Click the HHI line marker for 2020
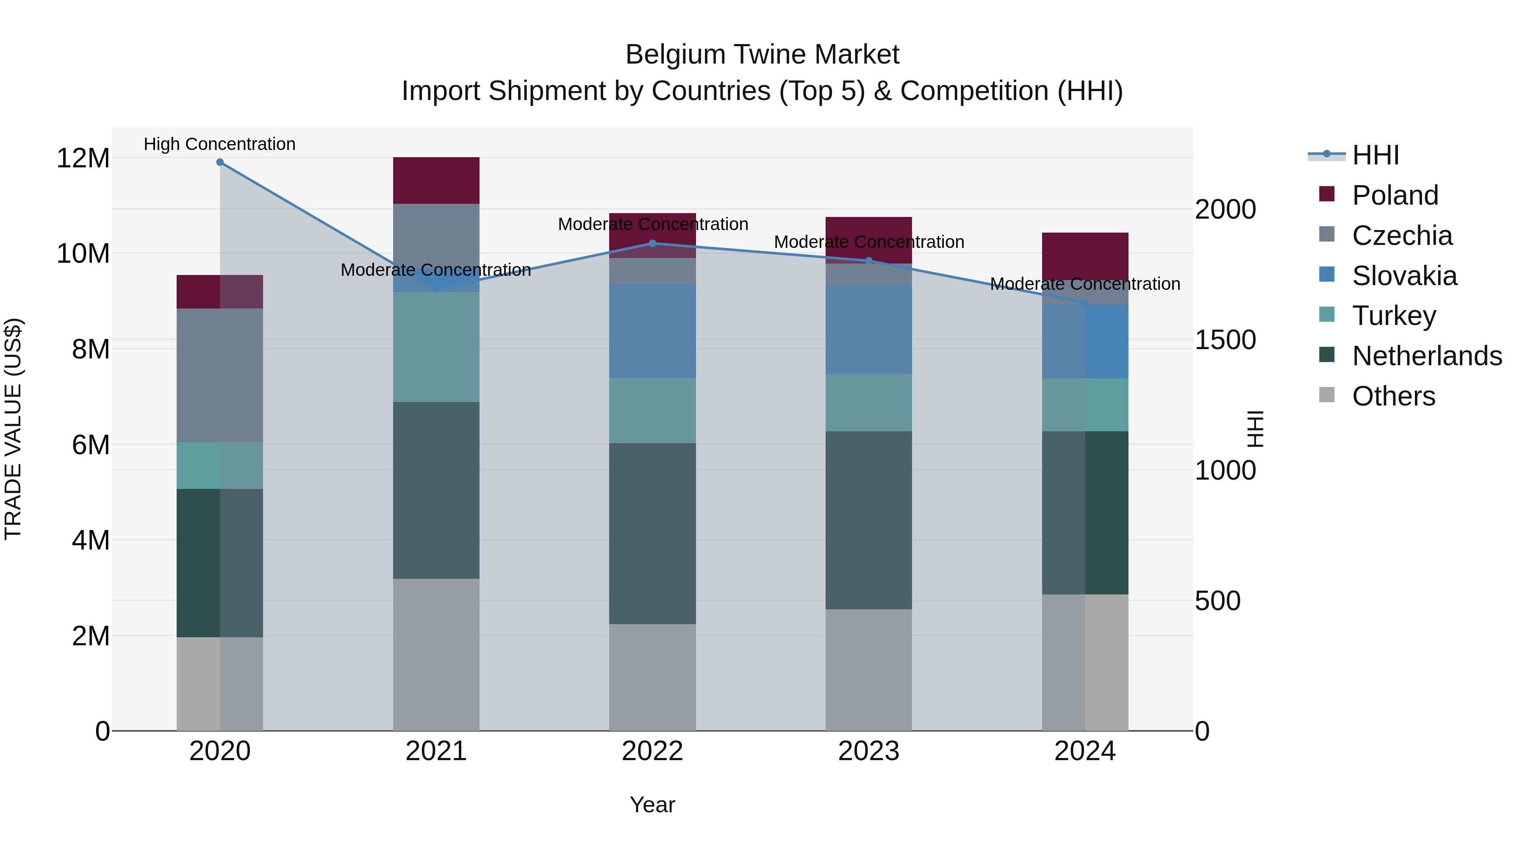[x=219, y=162]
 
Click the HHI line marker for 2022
[x=652, y=243]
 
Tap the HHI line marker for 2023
[x=868, y=261]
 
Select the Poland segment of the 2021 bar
[x=436, y=180]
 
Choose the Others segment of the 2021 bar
[x=436, y=654]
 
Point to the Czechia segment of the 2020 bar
[x=219, y=375]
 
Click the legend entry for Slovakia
[x=1404, y=276]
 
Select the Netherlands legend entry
[x=1427, y=356]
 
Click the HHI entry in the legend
[x=1375, y=155]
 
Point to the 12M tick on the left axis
[x=83, y=159]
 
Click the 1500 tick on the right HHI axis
[x=1225, y=340]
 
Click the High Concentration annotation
[x=219, y=144]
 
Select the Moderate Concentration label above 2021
[x=436, y=270]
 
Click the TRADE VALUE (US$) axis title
[x=13, y=429]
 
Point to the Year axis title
[x=652, y=805]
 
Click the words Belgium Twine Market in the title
[x=762, y=55]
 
